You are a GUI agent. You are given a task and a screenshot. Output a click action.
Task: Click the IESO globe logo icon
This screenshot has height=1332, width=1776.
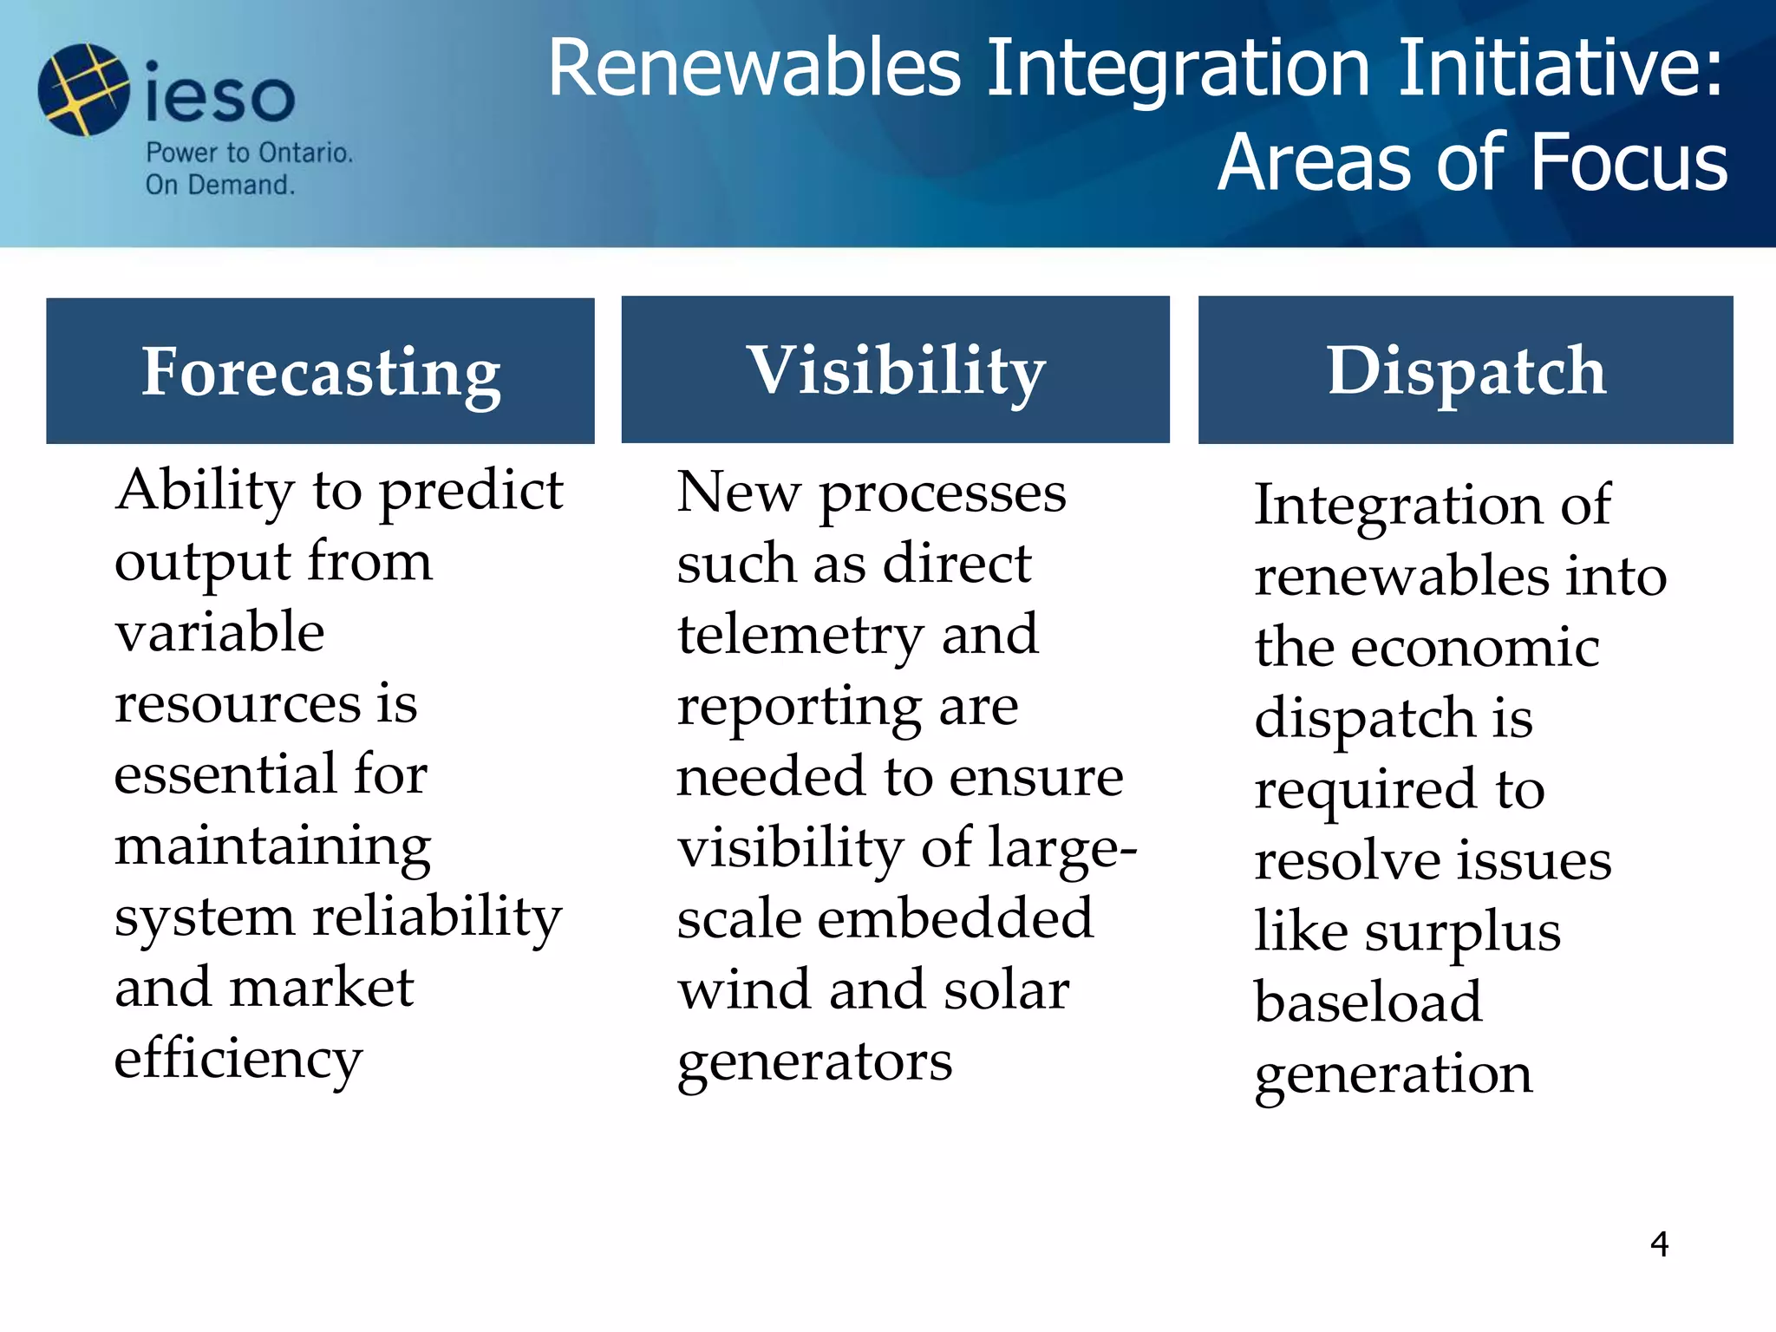[x=83, y=90]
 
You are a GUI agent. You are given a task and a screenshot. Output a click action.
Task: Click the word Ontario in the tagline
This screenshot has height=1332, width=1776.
[x=305, y=153]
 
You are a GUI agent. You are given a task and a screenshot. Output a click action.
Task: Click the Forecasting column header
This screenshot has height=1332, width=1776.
[x=321, y=371]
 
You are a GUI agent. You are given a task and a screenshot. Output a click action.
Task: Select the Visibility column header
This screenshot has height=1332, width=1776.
[x=896, y=370]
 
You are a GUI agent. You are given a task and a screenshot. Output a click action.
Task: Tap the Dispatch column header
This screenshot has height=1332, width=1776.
[x=1466, y=370]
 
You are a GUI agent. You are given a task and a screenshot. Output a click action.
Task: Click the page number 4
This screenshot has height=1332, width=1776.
[x=1659, y=1244]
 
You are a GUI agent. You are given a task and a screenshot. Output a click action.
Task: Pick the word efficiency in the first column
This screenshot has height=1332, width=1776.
[x=238, y=1060]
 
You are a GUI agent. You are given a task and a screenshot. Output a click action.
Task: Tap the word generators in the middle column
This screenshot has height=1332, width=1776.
[x=814, y=1062]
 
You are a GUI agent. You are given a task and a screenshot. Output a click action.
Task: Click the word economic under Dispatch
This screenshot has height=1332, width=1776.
[x=1474, y=648]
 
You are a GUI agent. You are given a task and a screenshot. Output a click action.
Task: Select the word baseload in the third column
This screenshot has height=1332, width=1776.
[x=1368, y=1002]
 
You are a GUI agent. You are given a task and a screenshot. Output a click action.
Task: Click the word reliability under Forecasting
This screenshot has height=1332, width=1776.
[x=437, y=918]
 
